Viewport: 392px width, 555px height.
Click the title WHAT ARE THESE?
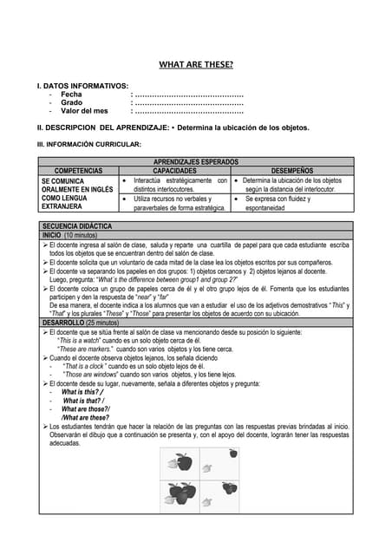point(196,64)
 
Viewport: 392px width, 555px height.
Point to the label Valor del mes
point(84,111)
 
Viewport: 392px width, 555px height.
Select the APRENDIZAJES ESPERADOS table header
point(196,161)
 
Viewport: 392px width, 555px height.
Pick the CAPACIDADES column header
point(174,171)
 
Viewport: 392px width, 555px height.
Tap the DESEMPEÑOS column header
point(292,171)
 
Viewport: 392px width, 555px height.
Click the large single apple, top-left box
point(183,464)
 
